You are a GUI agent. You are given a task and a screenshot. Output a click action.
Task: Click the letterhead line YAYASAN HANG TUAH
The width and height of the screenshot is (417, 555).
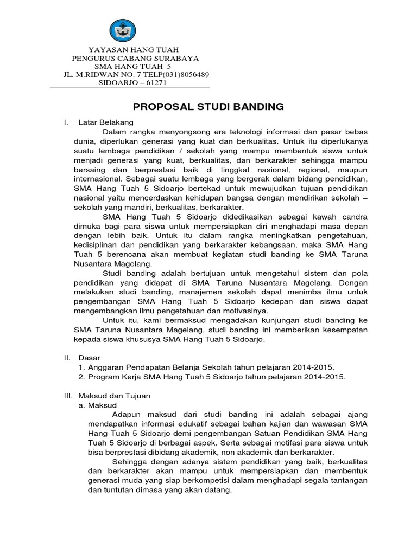click(x=129, y=49)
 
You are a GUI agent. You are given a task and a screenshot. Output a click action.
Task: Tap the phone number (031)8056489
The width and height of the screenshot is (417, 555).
click(x=181, y=74)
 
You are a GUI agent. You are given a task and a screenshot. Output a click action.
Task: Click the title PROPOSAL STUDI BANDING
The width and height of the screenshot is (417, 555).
click(x=208, y=107)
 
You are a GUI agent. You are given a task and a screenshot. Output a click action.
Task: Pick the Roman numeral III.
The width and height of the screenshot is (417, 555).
click(x=68, y=395)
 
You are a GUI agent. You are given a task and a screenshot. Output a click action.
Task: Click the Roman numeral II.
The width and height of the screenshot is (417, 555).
click(x=67, y=357)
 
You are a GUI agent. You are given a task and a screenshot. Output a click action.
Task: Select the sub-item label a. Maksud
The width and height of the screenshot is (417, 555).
click(x=102, y=404)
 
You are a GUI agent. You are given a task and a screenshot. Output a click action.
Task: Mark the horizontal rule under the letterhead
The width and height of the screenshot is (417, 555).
click(x=129, y=87)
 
